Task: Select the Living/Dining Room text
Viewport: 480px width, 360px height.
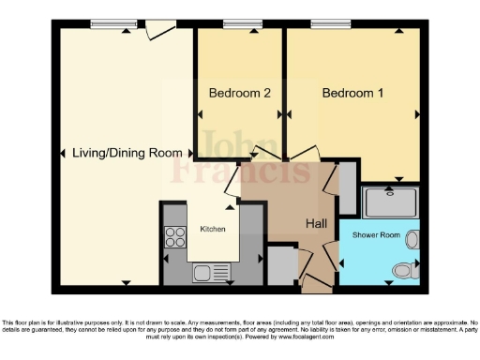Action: coord(114,154)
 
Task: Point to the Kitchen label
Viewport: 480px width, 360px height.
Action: coord(213,229)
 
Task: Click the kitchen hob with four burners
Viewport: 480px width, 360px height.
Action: coord(175,236)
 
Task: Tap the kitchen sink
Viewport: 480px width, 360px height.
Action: coord(204,273)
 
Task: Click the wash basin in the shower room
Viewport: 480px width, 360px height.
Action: coord(412,240)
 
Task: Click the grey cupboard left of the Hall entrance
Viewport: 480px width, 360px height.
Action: coord(280,263)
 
